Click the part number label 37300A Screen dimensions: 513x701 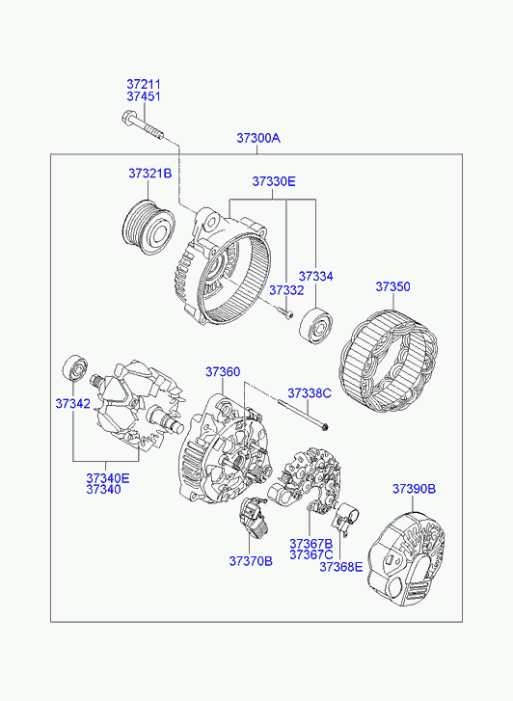(258, 138)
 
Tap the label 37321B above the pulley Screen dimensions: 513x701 (149, 173)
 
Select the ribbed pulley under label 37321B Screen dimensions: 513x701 (148, 228)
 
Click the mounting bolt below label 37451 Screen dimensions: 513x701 (143, 125)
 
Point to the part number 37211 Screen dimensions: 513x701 (143, 84)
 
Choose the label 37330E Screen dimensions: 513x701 (274, 181)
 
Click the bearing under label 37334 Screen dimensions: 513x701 (316, 326)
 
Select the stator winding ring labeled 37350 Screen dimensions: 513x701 (389, 361)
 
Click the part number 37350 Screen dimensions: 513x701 (392, 286)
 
